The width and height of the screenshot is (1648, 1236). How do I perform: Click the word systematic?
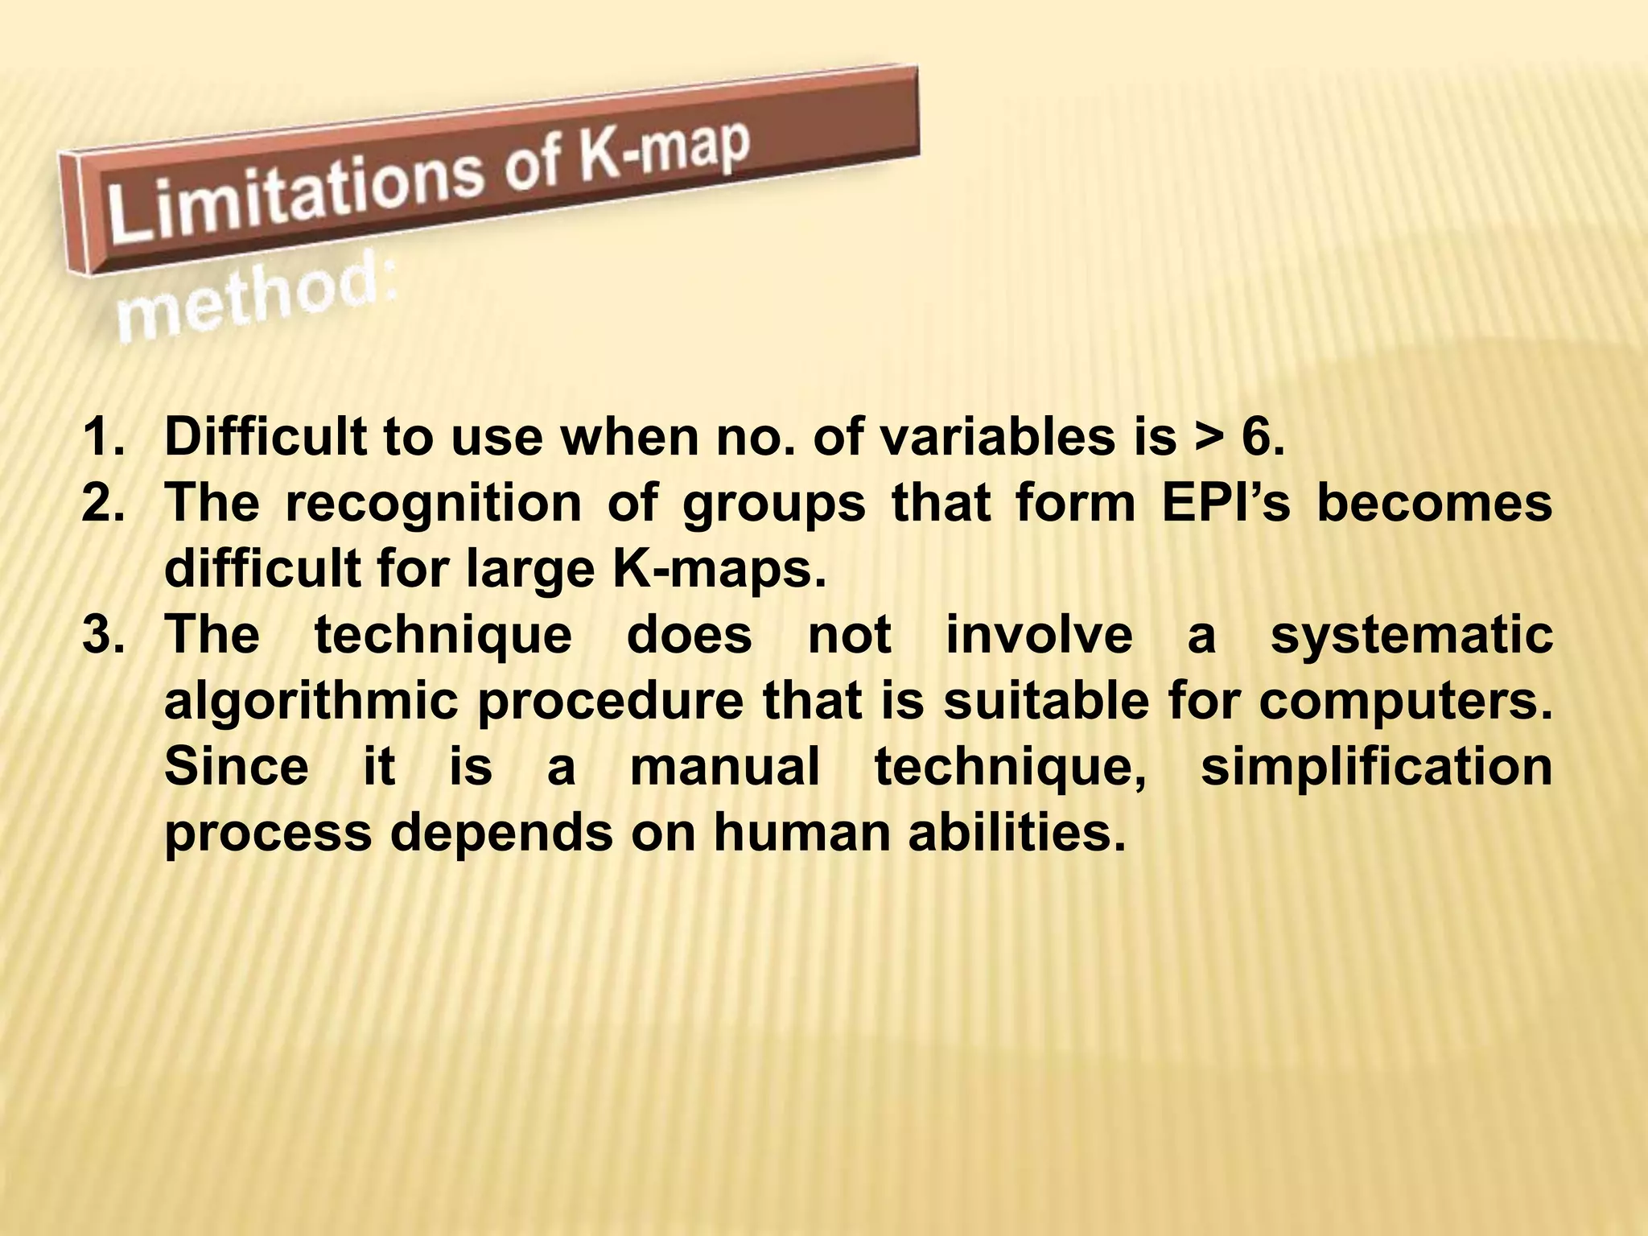tap(1411, 636)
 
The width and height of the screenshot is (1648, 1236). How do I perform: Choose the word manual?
tap(724, 766)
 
